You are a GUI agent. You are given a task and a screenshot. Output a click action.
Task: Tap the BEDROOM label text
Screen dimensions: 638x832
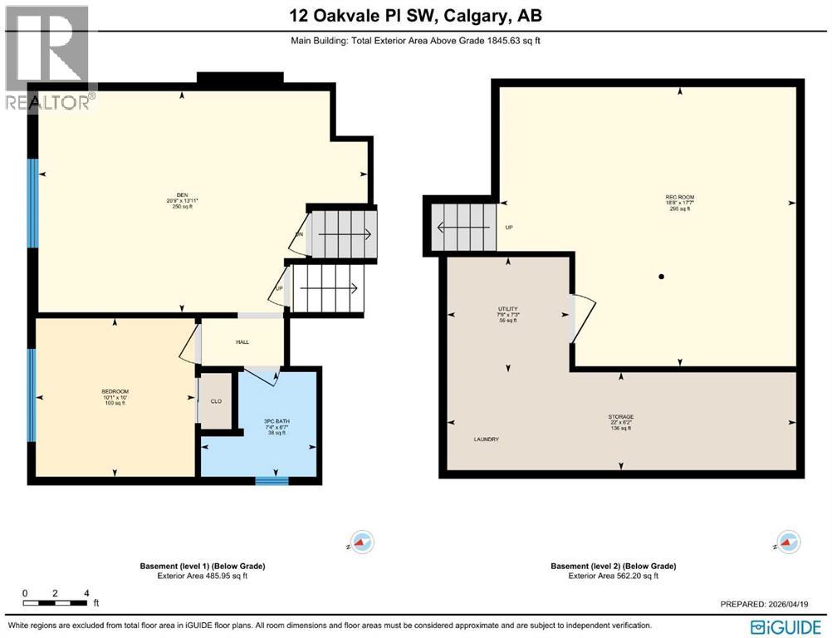115,390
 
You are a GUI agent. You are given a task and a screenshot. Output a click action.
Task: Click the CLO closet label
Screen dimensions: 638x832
216,400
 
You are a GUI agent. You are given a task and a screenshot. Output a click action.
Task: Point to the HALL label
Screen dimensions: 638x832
242,342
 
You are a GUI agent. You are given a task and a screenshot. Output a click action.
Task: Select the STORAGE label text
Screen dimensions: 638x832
620,417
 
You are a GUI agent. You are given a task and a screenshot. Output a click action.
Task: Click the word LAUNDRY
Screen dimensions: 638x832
487,439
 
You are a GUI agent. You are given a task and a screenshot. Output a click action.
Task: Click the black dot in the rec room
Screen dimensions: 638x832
662,277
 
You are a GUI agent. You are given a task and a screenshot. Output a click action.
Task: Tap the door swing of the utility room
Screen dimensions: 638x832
584,319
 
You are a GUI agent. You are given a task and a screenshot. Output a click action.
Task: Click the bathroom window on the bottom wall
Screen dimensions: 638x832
272,479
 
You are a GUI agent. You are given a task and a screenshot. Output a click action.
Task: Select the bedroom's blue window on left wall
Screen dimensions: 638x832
32,395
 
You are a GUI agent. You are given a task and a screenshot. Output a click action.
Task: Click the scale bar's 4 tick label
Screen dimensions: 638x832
86,593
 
